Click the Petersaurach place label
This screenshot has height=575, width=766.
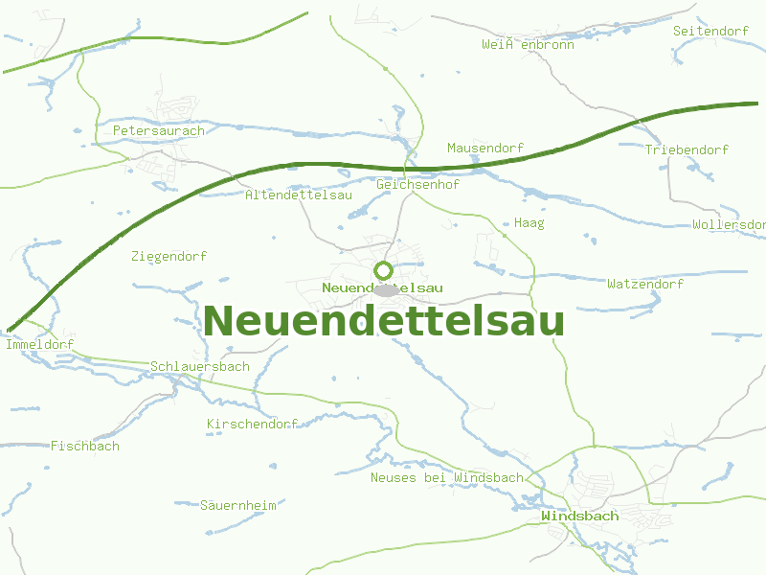pyautogui.click(x=159, y=130)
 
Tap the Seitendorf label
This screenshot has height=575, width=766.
pyautogui.click(x=710, y=32)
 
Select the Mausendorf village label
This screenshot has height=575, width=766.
pyautogui.click(x=485, y=149)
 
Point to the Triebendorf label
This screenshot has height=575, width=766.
pyautogui.click(x=687, y=150)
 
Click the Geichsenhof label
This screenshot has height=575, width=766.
pyautogui.click(x=418, y=184)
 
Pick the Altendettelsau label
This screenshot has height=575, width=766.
pyautogui.click(x=299, y=195)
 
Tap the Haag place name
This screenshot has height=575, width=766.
pyautogui.click(x=529, y=223)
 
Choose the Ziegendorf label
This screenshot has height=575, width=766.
pyautogui.click(x=169, y=257)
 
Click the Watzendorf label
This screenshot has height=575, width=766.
pyautogui.click(x=645, y=285)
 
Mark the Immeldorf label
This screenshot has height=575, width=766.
pyautogui.click(x=39, y=344)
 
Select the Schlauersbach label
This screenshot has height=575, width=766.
pyautogui.click(x=199, y=367)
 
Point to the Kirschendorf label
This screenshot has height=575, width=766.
pyautogui.click(x=252, y=424)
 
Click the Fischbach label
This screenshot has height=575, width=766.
pyautogui.click(x=85, y=447)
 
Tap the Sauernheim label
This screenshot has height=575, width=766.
pyautogui.click(x=237, y=505)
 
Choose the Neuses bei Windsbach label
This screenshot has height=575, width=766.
pyautogui.click(x=447, y=477)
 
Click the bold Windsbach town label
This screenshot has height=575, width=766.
pyautogui.click(x=579, y=517)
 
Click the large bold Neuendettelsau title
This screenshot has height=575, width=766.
pyautogui.click(x=383, y=321)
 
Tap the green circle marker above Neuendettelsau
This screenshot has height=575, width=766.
pyautogui.click(x=383, y=271)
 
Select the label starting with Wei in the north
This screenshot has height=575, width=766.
pyautogui.click(x=528, y=45)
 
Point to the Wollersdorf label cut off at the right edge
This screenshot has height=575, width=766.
pyautogui.click(x=729, y=225)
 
